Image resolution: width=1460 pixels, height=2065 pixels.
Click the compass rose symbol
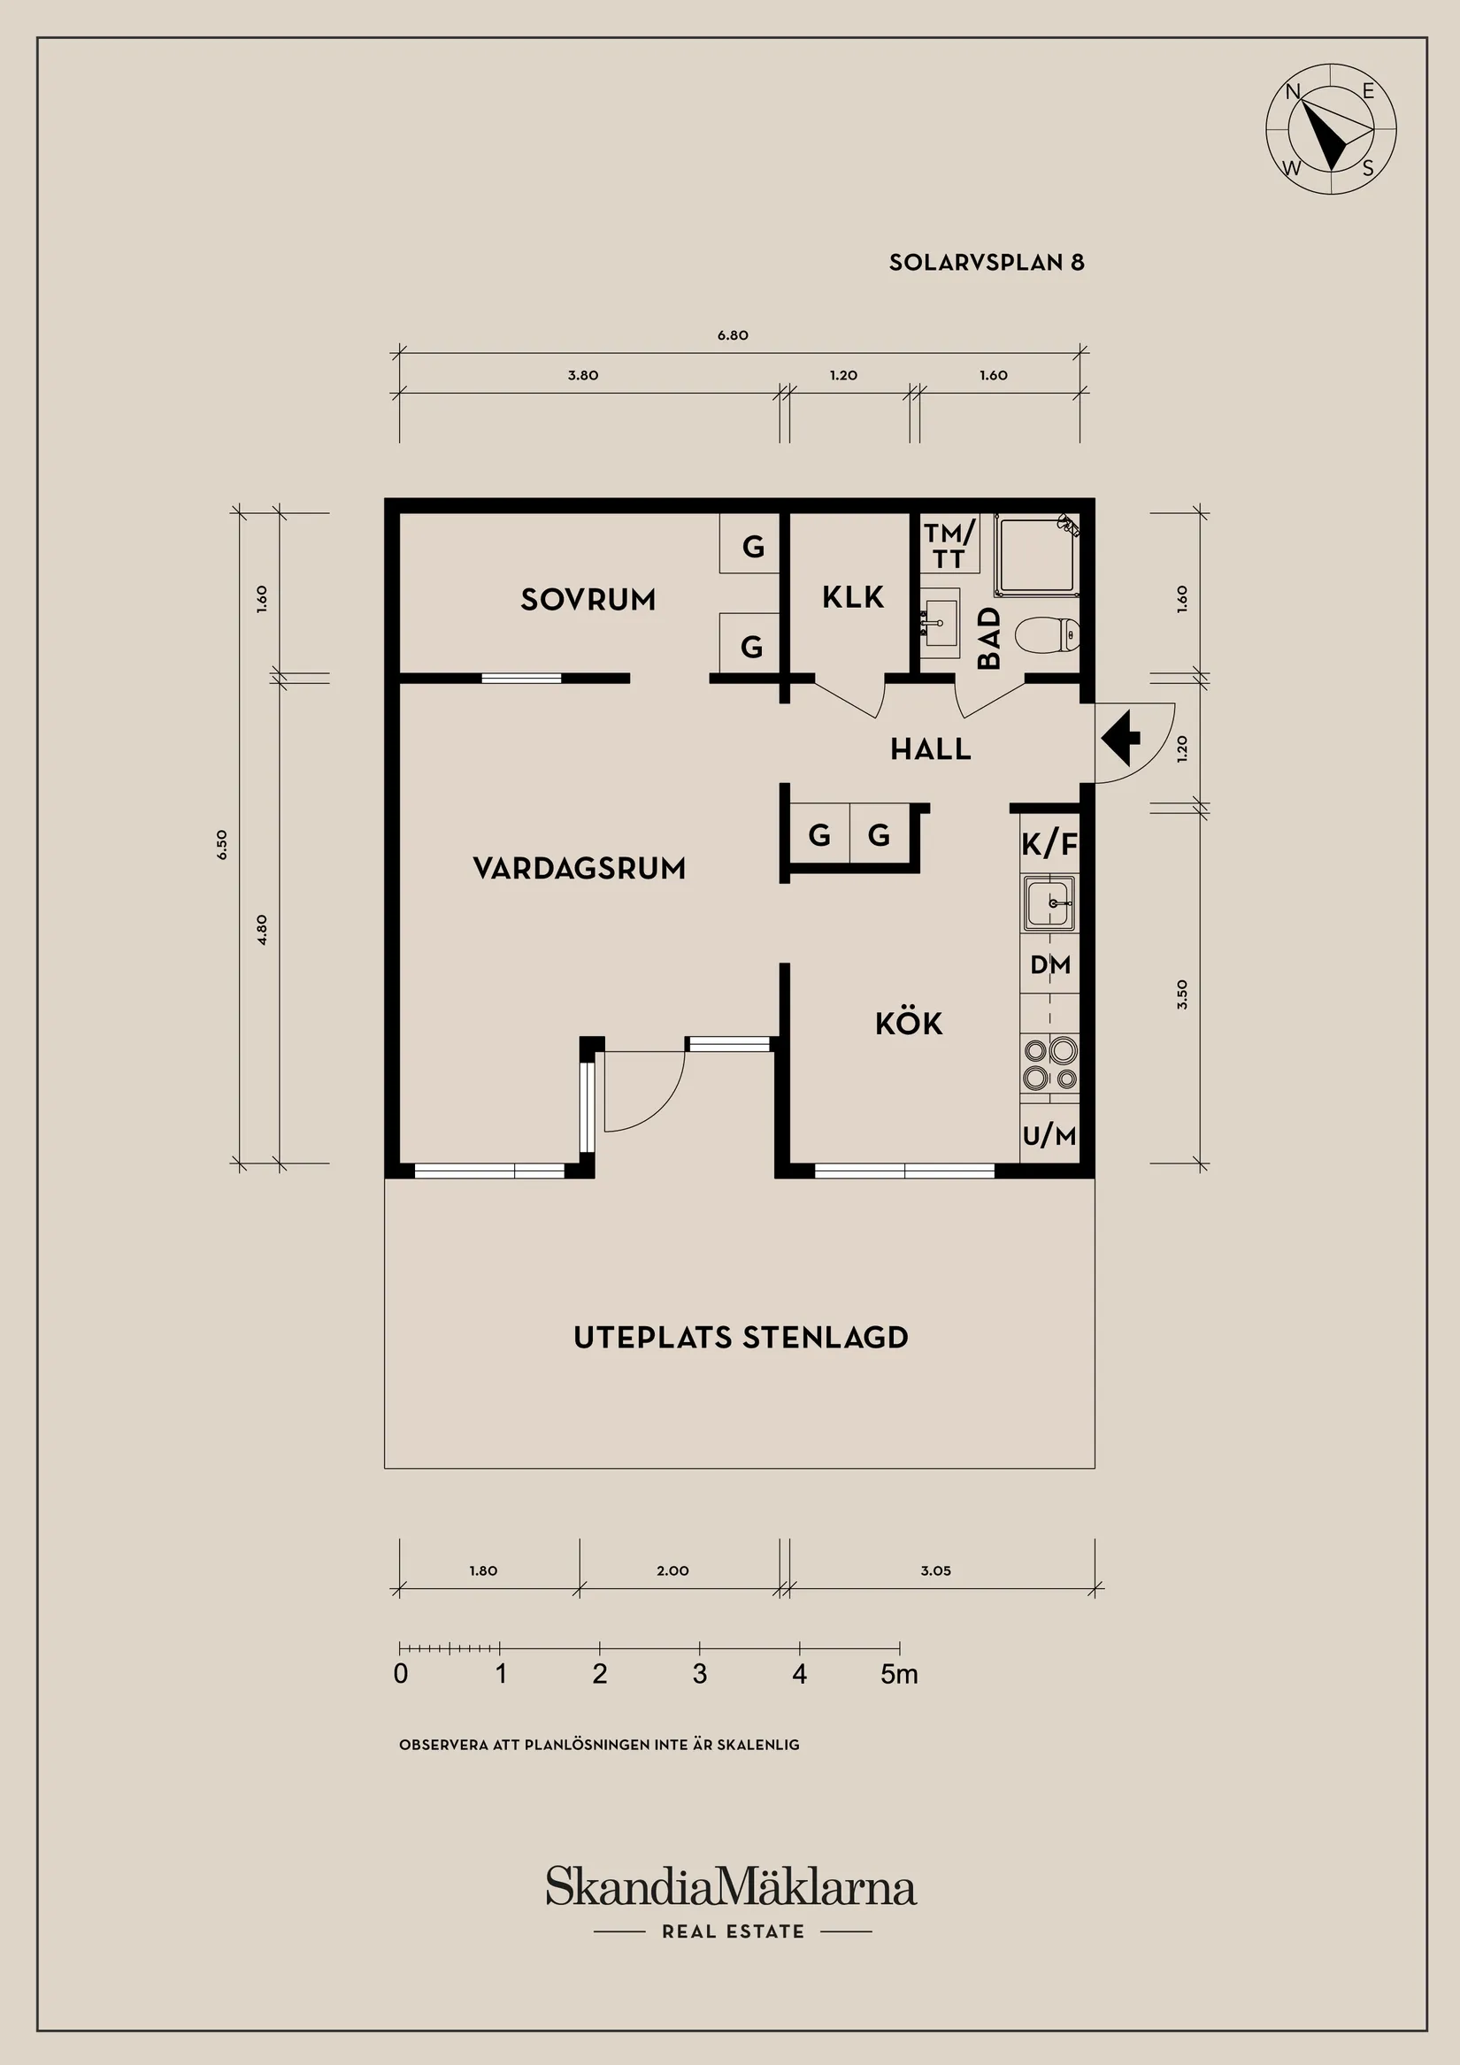click(x=1331, y=128)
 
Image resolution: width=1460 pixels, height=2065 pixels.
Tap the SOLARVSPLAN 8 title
click(x=987, y=263)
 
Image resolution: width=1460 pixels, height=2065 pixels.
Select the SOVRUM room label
click(x=588, y=600)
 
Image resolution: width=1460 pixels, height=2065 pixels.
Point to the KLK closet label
click(x=853, y=597)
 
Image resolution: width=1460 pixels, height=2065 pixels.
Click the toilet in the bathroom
click(x=1047, y=635)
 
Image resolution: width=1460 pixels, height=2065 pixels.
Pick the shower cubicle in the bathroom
click(x=1037, y=555)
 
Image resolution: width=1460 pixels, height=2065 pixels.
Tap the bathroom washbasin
click(x=940, y=618)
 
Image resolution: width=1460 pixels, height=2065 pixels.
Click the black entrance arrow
click(x=1121, y=738)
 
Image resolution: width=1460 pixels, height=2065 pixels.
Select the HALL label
click(x=931, y=749)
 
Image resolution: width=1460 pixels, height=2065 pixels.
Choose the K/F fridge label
click(x=1049, y=845)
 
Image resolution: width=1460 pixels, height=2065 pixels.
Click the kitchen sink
click(x=1049, y=903)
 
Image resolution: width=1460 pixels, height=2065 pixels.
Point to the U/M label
click(x=1049, y=1136)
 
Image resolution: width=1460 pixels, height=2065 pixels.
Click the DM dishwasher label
click(x=1049, y=965)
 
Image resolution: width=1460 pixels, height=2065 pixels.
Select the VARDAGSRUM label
click(x=580, y=868)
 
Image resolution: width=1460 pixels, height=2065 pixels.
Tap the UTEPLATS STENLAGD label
click(x=742, y=1338)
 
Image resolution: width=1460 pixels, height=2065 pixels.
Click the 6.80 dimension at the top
click(x=734, y=335)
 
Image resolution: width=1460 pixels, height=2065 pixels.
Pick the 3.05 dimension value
click(x=935, y=1570)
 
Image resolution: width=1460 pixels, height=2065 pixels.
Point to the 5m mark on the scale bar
click(x=900, y=1674)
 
